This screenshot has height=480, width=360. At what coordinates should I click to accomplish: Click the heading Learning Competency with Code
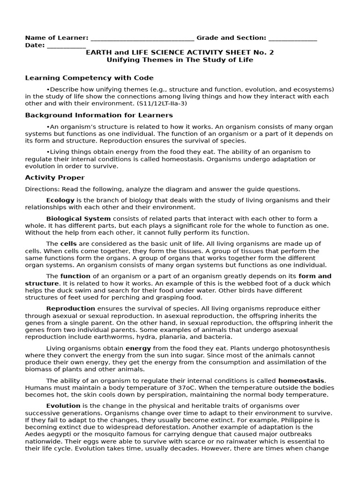(x=89, y=78)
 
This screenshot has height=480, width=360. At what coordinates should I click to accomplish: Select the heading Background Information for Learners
(x=99, y=115)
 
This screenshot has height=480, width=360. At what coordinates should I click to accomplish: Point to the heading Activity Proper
(x=55, y=178)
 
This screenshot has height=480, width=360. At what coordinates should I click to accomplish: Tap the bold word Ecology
(x=60, y=200)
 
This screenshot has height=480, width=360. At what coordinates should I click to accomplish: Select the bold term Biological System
(x=78, y=218)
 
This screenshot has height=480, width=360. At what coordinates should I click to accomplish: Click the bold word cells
(x=68, y=244)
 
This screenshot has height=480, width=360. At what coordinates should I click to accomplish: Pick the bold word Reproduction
(x=71, y=308)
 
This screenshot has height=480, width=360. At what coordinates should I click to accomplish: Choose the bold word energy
(x=138, y=348)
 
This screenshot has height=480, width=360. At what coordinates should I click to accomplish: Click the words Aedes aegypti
(x=47, y=434)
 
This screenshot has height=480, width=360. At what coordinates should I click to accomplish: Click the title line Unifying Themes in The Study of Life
(x=180, y=60)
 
